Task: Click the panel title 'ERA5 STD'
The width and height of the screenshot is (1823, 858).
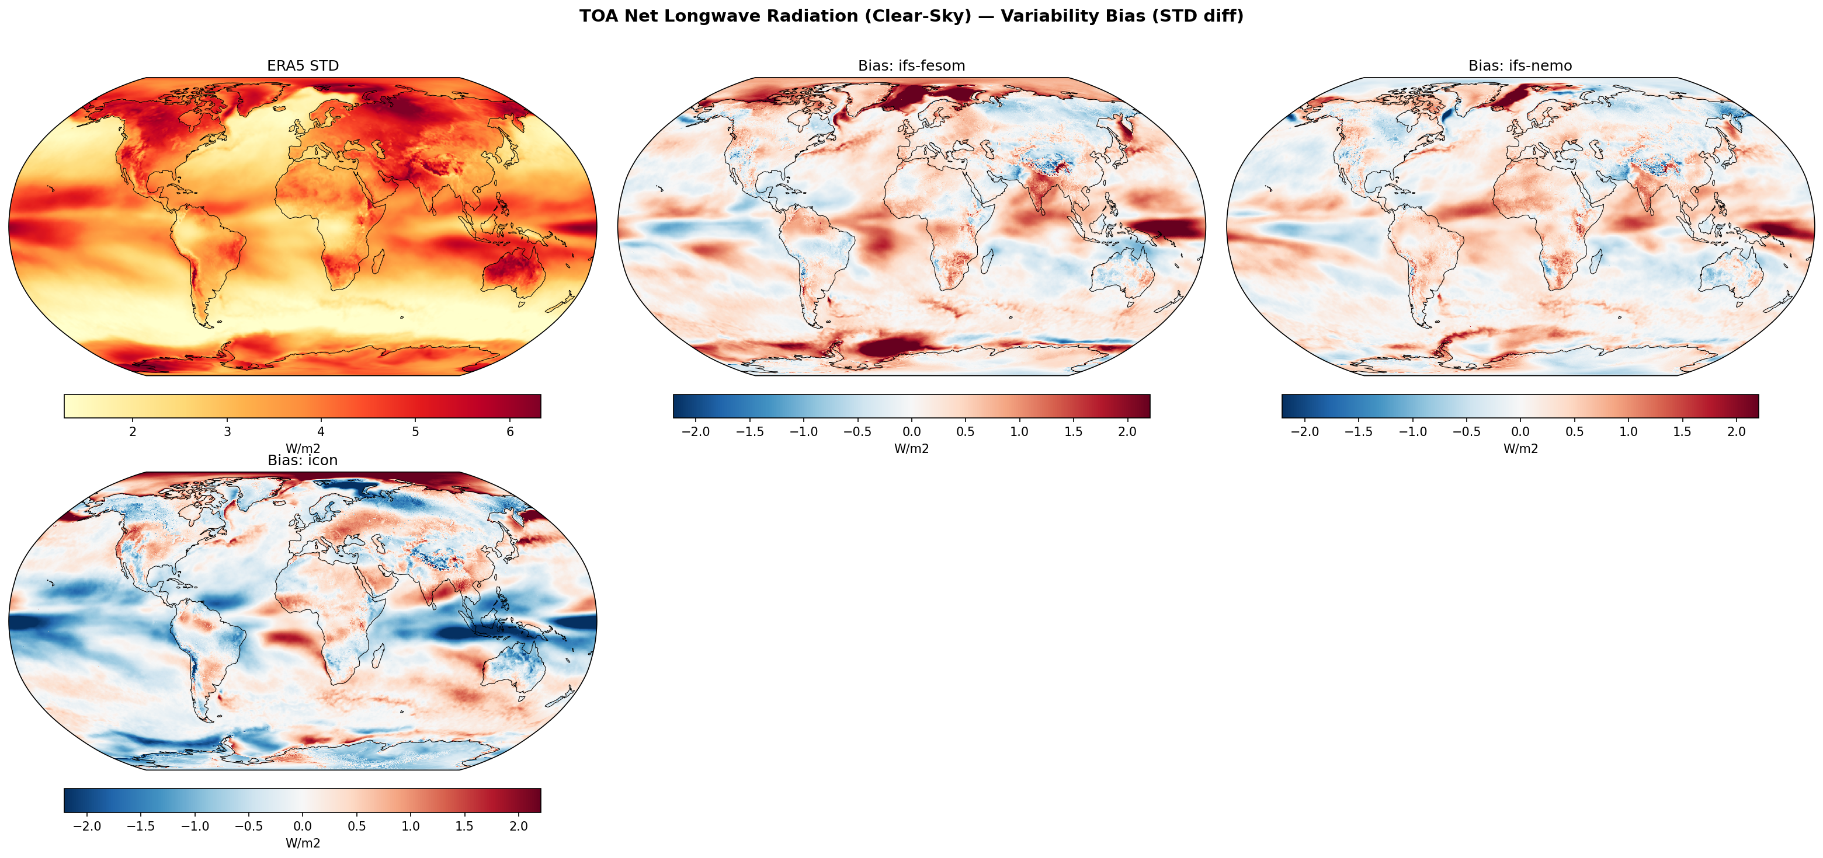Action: (303, 66)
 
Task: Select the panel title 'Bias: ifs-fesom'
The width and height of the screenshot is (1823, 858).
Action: (911, 66)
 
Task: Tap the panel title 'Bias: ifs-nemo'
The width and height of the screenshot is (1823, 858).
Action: (1520, 66)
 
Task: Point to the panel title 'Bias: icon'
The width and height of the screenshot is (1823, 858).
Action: (303, 461)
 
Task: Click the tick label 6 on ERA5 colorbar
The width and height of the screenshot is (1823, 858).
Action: (511, 432)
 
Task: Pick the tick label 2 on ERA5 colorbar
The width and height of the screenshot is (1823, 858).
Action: (133, 432)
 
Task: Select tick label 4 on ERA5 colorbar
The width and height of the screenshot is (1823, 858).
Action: (321, 432)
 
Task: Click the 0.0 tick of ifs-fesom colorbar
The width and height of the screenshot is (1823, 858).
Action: (911, 432)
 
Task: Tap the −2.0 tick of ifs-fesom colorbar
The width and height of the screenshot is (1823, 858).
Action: (696, 432)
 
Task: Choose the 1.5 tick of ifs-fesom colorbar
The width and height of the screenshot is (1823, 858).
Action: (1073, 432)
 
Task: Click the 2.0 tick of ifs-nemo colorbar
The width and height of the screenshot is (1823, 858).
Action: (1736, 432)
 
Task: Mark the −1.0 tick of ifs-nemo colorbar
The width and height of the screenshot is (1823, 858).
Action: (1412, 432)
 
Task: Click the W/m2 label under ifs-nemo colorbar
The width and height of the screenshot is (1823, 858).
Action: (1520, 448)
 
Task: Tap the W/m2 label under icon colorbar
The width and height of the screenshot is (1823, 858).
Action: (303, 843)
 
